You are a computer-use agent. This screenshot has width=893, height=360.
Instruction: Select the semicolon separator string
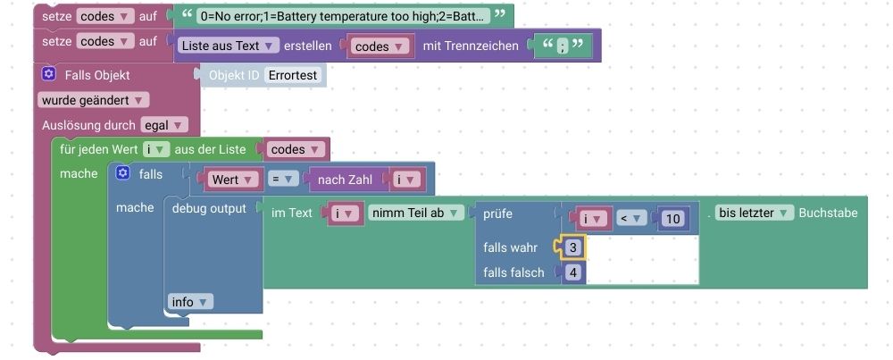(x=563, y=45)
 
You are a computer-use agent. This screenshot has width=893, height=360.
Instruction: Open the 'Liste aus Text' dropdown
(x=229, y=45)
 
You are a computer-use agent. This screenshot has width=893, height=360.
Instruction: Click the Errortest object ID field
(x=294, y=75)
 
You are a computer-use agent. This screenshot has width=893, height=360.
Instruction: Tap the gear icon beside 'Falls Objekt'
(x=49, y=75)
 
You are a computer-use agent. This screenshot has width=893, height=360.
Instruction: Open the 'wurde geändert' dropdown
(x=93, y=100)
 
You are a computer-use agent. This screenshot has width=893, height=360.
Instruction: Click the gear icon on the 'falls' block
(x=123, y=173)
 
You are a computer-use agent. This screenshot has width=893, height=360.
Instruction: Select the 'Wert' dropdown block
(x=233, y=180)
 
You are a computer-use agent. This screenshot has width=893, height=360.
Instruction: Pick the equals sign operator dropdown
(x=283, y=180)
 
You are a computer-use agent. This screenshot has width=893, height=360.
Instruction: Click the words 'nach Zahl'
(x=345, y=180)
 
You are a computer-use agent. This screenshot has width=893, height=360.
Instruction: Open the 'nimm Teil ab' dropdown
(x=418, y=213)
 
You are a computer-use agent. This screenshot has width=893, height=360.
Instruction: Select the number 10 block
(x=672, y=219)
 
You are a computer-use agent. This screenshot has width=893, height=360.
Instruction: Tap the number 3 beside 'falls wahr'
(x=573, y=247)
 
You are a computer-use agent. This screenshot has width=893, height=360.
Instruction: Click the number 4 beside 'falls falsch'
(x=573, y=272)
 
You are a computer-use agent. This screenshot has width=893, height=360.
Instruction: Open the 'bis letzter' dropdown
(x=755, y=213)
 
